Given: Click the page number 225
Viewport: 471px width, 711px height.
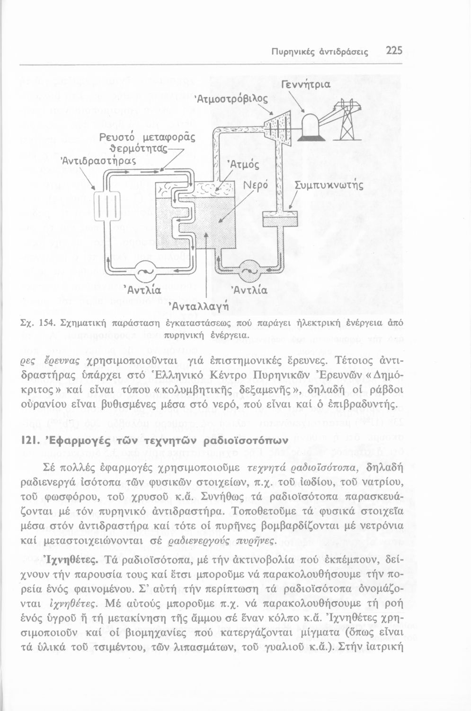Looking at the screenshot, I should pyautogui.click(x=393, y=50).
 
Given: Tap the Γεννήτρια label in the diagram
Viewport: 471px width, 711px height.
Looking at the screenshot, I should pyautogui.click(x=306, y=85).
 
